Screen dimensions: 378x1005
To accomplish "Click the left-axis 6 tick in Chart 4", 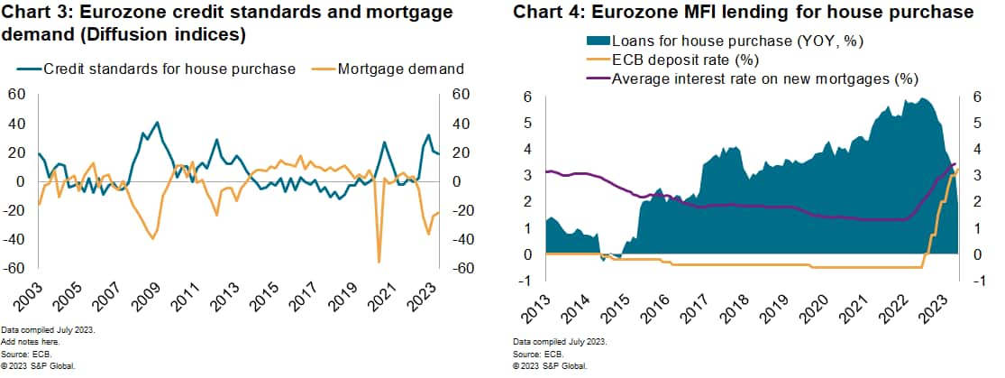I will [528, 97].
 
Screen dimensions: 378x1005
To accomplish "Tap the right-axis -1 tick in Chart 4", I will [980, 281].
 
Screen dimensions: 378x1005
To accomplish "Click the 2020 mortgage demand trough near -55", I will [379, 262].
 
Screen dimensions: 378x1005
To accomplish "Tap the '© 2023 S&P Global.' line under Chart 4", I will [550, 367].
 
